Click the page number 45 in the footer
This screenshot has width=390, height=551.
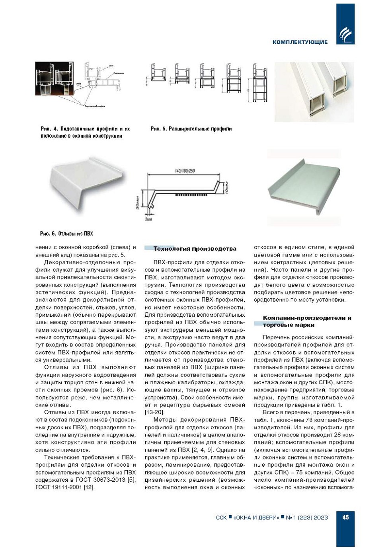pos(345,517)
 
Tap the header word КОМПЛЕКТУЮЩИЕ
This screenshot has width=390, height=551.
pos(300,42)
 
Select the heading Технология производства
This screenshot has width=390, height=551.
pos(195,249)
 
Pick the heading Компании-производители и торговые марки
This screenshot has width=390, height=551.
pos(307,321)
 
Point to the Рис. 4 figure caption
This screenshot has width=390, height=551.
pos(85,132)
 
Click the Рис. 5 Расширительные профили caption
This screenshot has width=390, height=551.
pos(191,129)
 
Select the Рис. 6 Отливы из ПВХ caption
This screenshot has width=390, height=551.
pos(66,233)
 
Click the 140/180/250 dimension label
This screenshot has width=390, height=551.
pos(185,171)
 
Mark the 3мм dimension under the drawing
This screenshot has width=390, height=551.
pos(148,219)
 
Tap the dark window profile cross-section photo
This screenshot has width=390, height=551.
pos(55,79)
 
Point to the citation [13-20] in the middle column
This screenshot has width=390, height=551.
pos(154,412)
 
